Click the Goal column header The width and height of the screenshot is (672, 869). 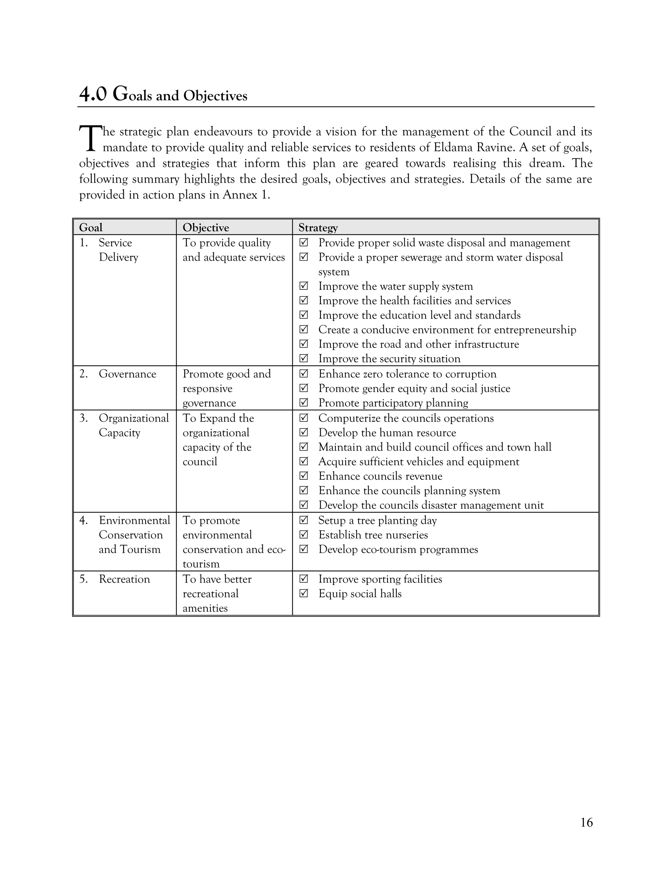click(x=91, y=228)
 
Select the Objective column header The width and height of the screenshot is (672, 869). click(x=205, y=228)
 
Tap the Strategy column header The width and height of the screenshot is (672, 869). click(x=318, y=228)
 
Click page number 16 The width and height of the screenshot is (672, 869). click(x=586, y=822)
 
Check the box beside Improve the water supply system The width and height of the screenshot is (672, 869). click(x=304, y=286)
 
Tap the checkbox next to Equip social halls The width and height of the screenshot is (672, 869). click(x=304, y=593)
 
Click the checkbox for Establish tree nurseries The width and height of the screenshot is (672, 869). click(x=304, y=535)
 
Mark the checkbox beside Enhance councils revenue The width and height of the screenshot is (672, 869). click(x=304, y=476)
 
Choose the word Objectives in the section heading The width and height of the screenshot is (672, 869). click(x=215, y=96)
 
